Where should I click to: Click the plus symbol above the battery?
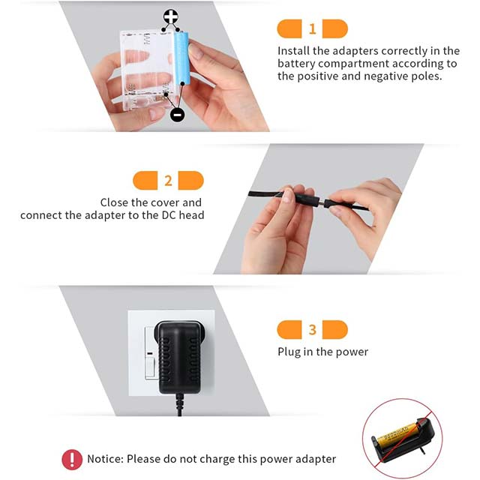click(x=171, y=16)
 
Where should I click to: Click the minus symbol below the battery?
click(x=177, y=114)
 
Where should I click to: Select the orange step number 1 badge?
click(x=312, y=29)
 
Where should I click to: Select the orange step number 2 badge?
click(x=168, y=181)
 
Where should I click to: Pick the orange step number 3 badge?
click(x=312, y=329)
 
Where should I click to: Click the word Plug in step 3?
click(x=289, y=351)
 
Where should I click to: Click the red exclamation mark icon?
click(x=72, y=459)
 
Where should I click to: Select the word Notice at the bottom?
click(x=105, y=459)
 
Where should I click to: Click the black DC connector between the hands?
click(x=304, y=200)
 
